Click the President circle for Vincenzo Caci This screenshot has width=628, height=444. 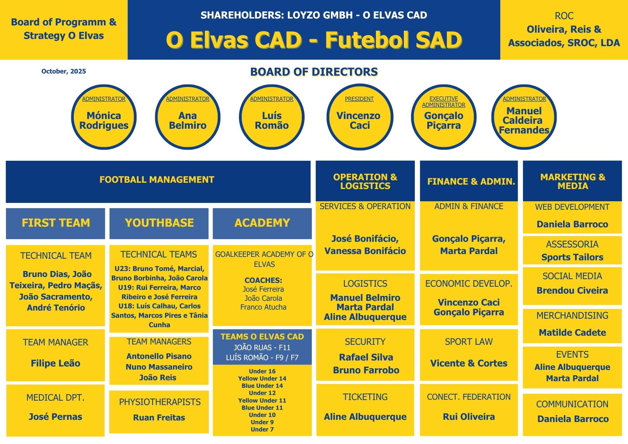click(x=360, y=117)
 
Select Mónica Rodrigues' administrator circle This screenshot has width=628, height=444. click(x=104, y=117)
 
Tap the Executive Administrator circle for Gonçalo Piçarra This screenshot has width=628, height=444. click(x=443, y=117)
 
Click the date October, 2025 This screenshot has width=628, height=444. click(x=64, y=71)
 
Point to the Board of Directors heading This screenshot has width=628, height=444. click(x=314, y=72)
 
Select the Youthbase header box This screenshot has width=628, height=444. click(x=159, y=223)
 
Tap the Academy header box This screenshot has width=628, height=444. click(x=262, y=223)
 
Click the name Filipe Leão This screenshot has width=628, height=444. click(x=56, y=363)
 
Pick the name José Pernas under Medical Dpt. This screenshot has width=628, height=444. click(x=56, y=417)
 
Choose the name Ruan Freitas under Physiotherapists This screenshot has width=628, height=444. click(x=159, y=418)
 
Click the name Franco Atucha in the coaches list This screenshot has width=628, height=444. click(x=263, y=307)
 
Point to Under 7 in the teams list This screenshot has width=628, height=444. click(x=262, y=429)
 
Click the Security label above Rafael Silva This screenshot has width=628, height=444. click(x=365, y=342)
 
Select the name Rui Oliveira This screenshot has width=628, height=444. click(x=469, y=417)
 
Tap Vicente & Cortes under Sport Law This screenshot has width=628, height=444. click(x=469, y=363)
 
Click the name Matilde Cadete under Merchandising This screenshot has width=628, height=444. click(x=572, y=333)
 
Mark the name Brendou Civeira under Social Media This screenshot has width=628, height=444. click(x=572, y=290)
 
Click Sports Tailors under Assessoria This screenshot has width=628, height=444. click(x=572, y=257)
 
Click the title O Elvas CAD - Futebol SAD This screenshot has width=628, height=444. click(x=314, y=40)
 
